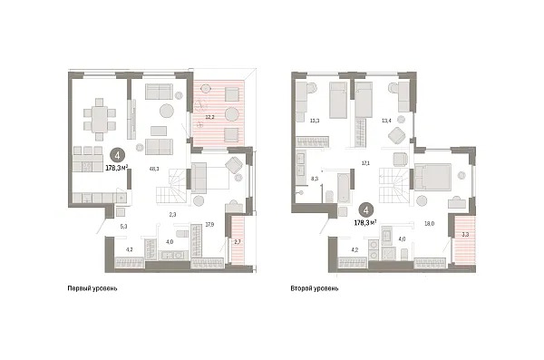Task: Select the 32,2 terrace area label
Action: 210,116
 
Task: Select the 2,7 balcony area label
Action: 238,241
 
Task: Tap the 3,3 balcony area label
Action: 465,234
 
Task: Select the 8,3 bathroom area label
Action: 315,180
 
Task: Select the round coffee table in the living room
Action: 167,112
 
